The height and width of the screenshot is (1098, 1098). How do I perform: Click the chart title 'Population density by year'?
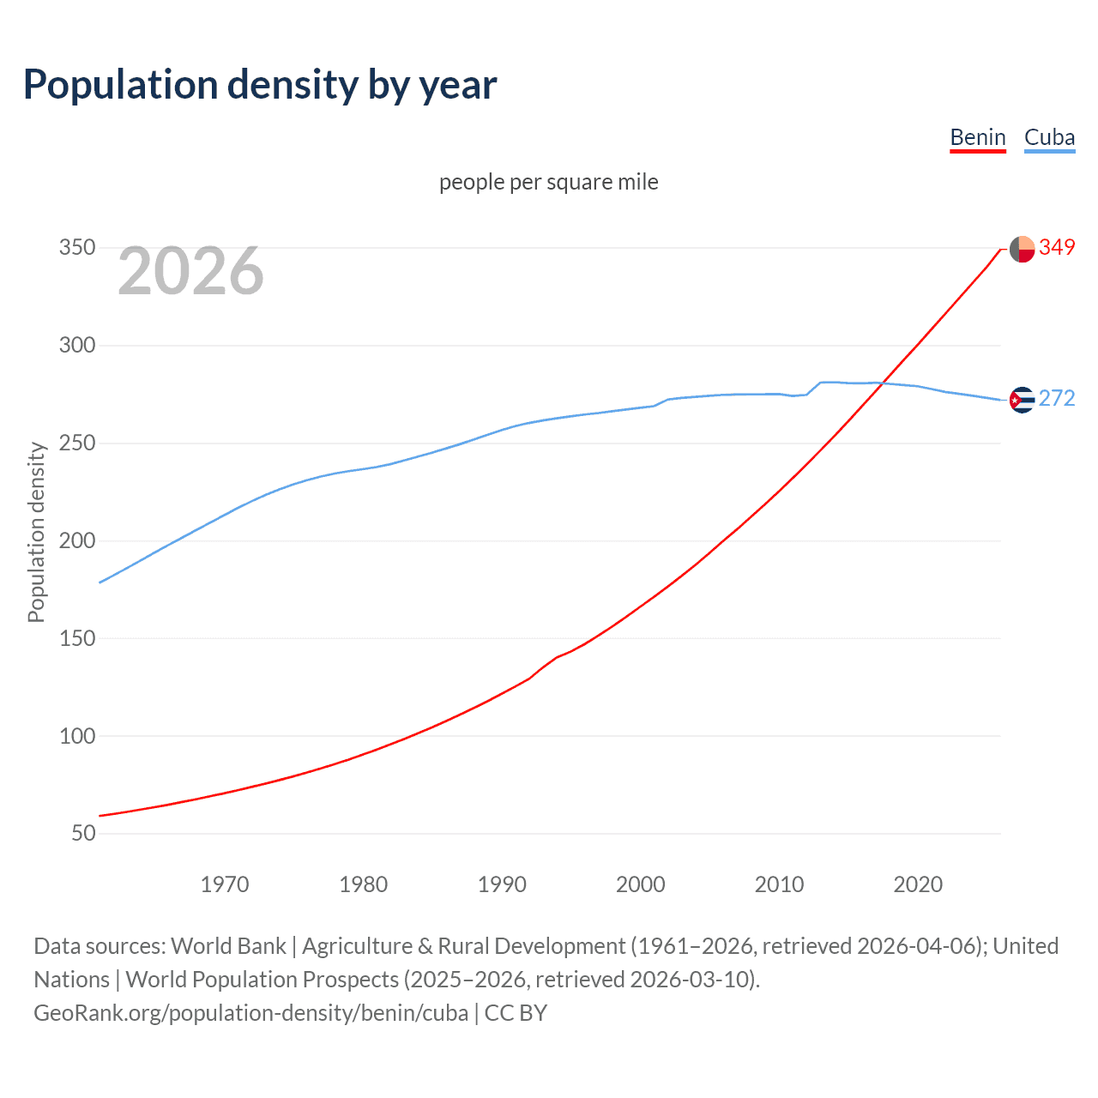[260, 85]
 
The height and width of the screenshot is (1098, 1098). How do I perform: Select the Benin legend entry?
[977, 137]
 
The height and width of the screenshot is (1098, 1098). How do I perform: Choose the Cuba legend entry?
[1049, 137]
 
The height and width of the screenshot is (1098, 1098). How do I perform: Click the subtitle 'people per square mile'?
[548, 182]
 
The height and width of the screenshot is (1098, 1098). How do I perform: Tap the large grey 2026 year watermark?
[190, 271]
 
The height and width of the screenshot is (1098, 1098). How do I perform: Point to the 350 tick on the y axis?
[77, 248]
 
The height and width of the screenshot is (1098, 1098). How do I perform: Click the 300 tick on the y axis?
[77, 346]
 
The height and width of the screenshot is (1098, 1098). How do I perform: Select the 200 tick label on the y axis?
[77, 540]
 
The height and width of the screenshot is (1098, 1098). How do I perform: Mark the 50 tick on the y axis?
[83, 833]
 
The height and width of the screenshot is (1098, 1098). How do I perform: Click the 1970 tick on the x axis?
[225, 884]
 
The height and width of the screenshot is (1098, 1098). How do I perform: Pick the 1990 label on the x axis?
[502, 884]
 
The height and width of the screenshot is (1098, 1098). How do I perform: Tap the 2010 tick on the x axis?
[779, 884]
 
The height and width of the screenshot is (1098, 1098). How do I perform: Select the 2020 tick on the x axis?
[918, 884]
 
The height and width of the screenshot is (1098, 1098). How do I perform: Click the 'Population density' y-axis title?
[36, 532]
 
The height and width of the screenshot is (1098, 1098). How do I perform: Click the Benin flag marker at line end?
[1022, 249]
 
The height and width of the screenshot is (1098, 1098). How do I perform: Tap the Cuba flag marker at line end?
[1022, 400]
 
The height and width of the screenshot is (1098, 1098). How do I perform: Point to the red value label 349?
[1057, 248]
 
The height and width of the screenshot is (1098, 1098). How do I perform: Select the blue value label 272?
[1057, 399]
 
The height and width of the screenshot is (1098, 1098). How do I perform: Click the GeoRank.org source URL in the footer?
[250, 1013]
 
